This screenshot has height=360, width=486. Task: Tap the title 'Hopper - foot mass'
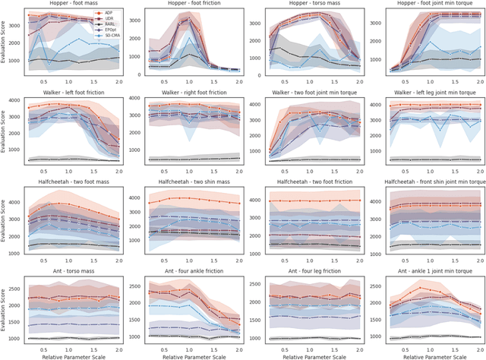tap(73, 5)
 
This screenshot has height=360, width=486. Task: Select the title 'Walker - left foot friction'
tap(73, 96)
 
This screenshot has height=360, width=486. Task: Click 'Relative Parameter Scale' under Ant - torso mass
tap(73, 355)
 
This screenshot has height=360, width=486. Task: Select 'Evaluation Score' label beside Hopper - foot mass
tap(5, 46)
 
